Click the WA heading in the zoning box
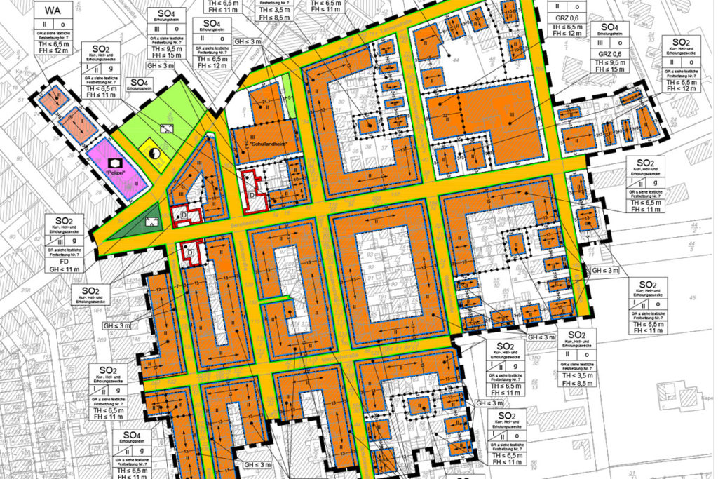(53, 12)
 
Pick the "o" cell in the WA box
(62, 25)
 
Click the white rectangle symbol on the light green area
(167, 128)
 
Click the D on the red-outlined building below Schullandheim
(252, 192)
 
